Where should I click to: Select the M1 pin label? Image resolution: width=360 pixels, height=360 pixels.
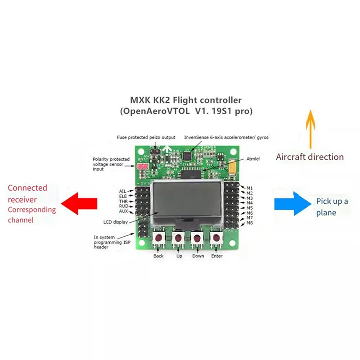pos(250,187)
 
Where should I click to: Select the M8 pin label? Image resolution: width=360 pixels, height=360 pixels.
pos(250,223)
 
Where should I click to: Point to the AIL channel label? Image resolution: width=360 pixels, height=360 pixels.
pos(123,191)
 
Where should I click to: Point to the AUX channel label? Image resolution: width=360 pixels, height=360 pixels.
pos(123,211)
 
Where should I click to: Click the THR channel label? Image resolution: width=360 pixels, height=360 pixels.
pos(123,201)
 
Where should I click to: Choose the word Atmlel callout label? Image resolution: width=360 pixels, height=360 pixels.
pos(254,159)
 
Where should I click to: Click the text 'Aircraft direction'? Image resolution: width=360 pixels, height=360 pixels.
pos(310,157)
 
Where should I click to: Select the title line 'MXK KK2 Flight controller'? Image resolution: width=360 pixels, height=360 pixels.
pos(185,100)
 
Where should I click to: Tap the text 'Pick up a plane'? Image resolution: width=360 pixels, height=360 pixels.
pos(332,207)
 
